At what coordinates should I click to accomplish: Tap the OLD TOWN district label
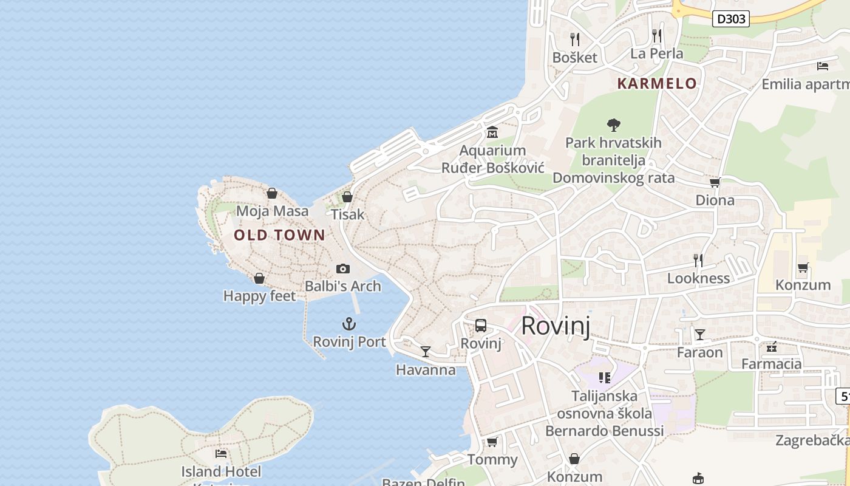279,235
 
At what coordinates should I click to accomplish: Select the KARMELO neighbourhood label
657,84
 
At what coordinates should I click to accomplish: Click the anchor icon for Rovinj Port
348,324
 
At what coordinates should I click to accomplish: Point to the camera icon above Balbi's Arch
343,269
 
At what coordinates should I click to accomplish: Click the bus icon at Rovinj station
481,326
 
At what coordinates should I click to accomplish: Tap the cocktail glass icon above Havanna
426,352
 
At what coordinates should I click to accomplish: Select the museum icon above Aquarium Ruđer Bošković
492,132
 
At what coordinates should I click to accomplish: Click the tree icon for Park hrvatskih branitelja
614,125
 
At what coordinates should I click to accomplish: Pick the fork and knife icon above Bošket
575,39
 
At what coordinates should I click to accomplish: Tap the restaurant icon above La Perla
656,35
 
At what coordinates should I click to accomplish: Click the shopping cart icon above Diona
715,182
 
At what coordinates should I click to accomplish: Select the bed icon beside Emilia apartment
823,66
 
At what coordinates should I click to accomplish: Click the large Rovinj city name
556,326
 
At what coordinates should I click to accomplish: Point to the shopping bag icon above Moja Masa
272,193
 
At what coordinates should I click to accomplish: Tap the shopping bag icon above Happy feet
259,278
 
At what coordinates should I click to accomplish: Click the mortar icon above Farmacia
772,347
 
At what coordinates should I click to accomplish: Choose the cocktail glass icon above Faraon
700,335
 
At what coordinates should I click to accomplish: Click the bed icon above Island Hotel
221,453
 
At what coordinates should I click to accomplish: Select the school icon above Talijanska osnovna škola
604,378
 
